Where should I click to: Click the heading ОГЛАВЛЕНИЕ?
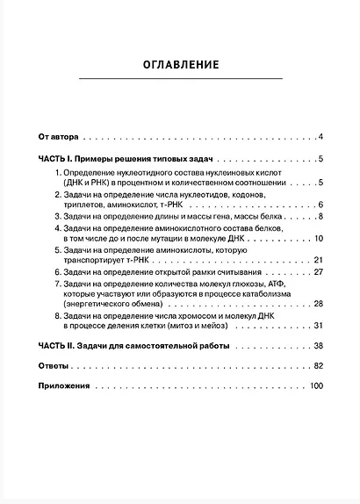click(x=180, y=64)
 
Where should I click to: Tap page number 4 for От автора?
click(x=321, y=137)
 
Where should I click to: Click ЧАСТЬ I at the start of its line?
click(x=54, y=159)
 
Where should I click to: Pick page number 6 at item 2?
click(x=321, y=205)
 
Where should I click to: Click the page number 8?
click(x=321, y=217)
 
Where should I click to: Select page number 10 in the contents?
click(x=319, y=239)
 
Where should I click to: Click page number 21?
click(x=319, y=261)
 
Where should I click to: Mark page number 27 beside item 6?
click(x=319, y=272)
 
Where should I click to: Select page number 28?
click(x=319, y=305)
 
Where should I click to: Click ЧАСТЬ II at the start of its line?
click(x=55, y=346)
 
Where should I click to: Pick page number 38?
click(x=319, y=346)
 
